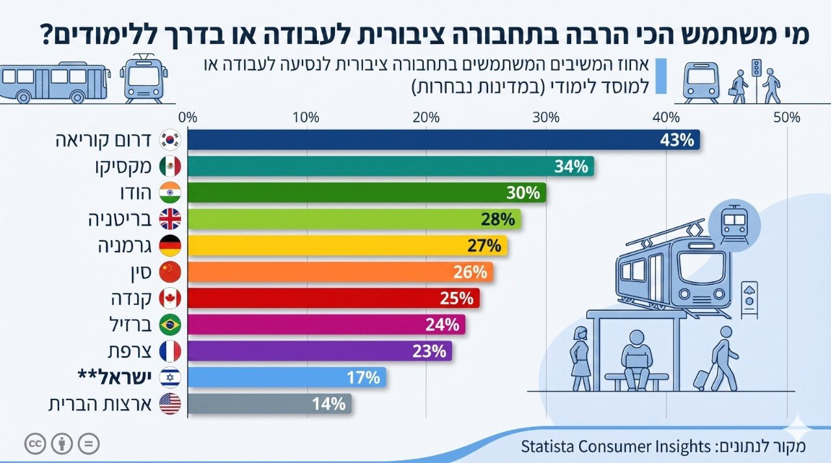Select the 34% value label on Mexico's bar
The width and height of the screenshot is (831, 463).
click(x=571, y=167)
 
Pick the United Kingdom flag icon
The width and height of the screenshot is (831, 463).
click(x=170, y=220)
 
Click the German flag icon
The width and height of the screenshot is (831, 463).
click(x=170, y=246)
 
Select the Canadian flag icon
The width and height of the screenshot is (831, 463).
click(x=170, y=299)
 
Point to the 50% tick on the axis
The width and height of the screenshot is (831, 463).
click(x=786, y=118)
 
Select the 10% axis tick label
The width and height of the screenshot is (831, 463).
click(x=306, y=118)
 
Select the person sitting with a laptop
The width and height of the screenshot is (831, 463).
click(x=636, y=360)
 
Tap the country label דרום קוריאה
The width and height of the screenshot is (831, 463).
click(x=105, y=140)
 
